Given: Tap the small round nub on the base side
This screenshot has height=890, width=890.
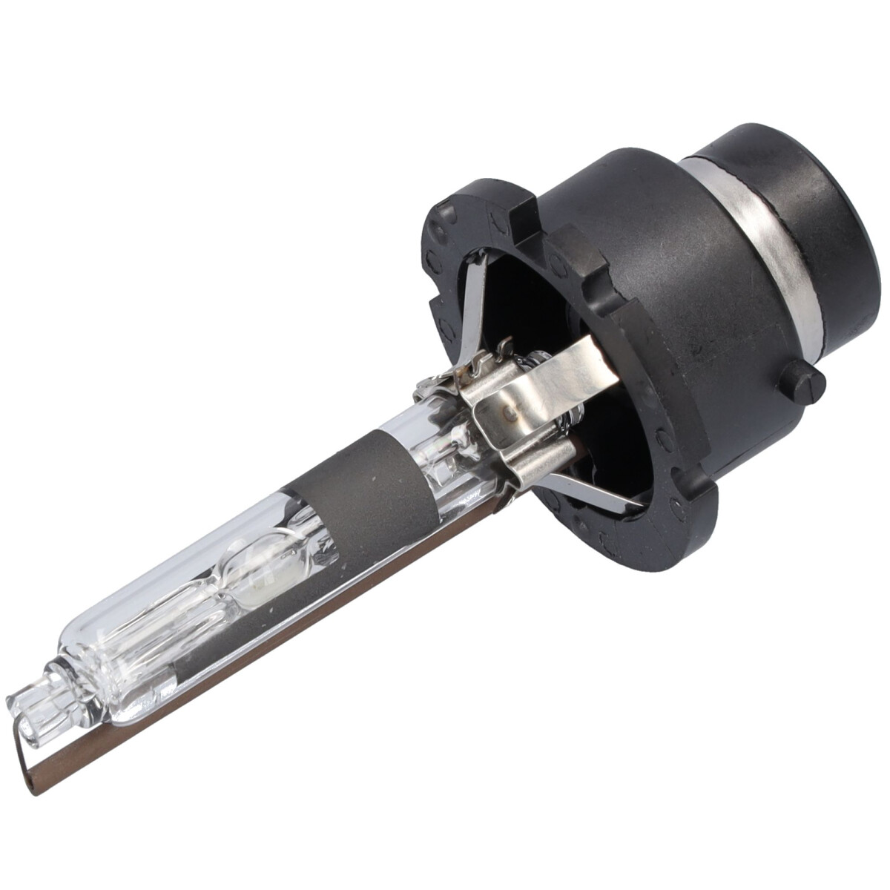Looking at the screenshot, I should (804, 382).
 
